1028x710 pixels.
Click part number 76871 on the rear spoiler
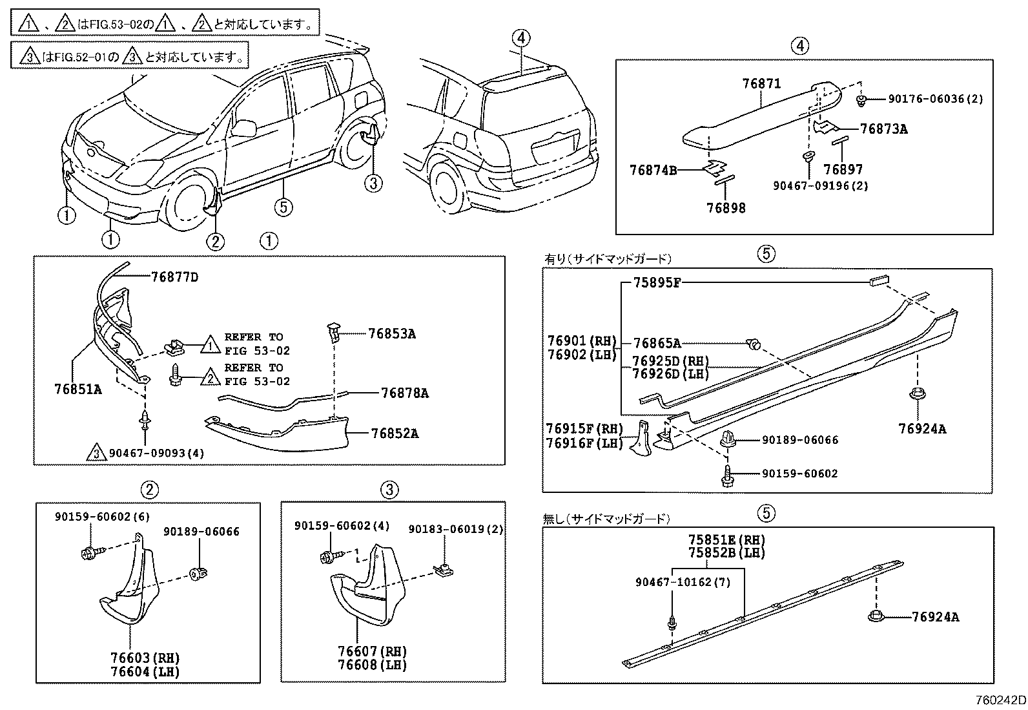click(x=761, y=83)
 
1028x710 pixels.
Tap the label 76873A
click(x=883, y=129)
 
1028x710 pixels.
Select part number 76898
click(x=726, y=208)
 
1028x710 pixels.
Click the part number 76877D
click(x=174, y=277)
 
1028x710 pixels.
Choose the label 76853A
click(x=391, y=334)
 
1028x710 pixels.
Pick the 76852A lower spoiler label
click(x=394, y=433)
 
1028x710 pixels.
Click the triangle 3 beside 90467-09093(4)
click(x=95, y=453)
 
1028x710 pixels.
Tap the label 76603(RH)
click(x=145, y=658)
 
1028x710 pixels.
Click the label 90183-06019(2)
click(x=455, y=529)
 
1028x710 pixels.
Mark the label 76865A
click(x=657, y=344)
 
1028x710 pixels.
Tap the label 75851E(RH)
click(x=726, y=539)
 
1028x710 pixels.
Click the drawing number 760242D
click(x=1000, y=700)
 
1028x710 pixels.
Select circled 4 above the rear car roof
click(x=522, y=37)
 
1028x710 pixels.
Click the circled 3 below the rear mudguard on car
click(x=373, y=184)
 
